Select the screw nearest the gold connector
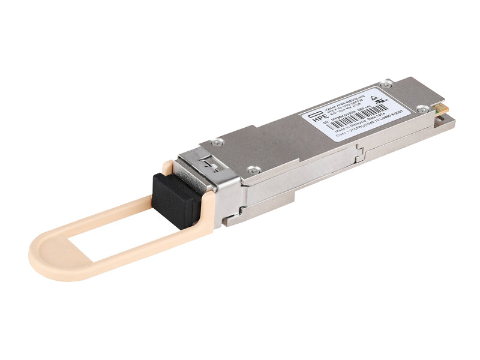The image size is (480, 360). tap(424, 109)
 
